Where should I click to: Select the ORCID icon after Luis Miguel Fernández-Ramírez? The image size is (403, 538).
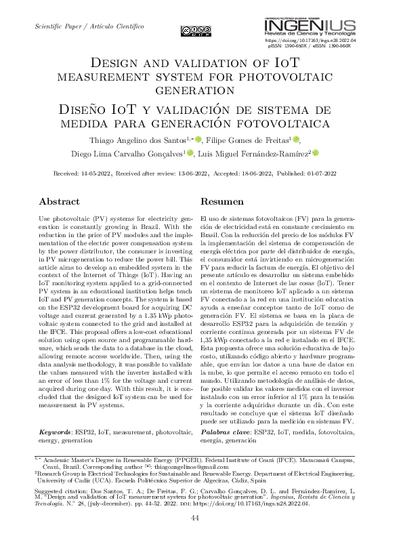pos(315,153)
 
